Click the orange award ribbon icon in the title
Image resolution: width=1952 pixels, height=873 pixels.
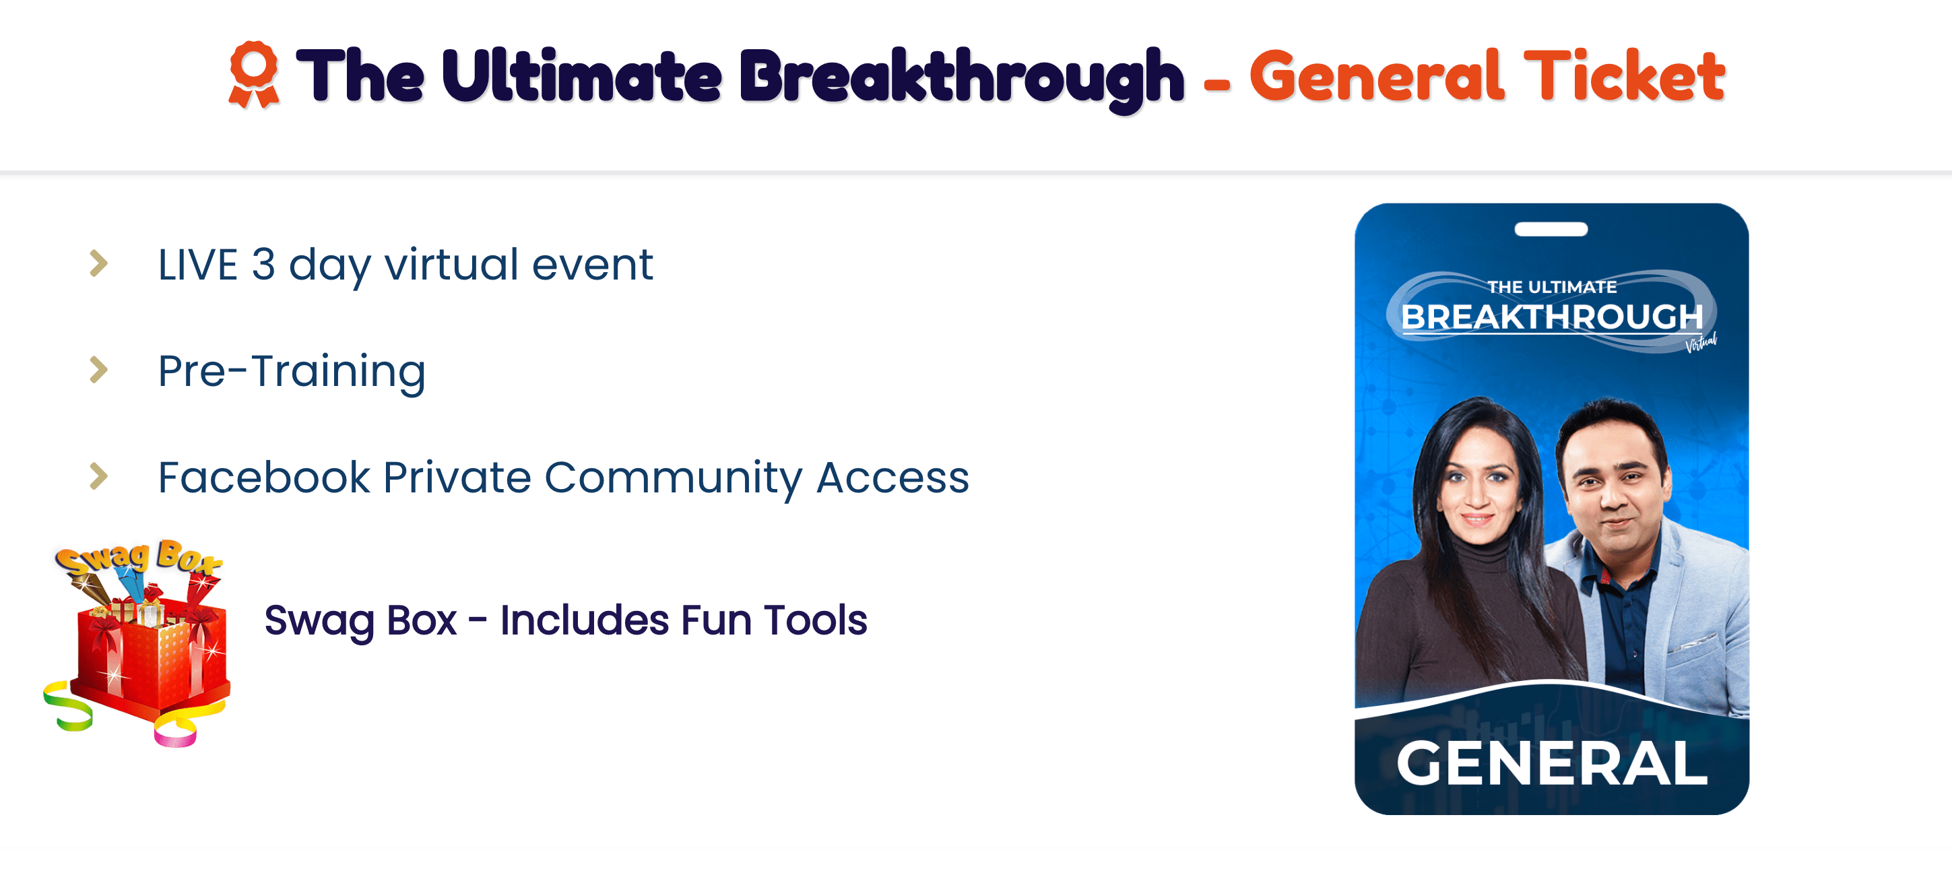[x=254, y=74]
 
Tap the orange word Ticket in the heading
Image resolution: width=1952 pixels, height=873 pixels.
[x=1624, y=75]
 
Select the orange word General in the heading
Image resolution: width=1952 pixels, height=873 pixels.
[x=1376, y=75]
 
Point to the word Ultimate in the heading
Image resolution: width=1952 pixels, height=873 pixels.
[x=581, y=75]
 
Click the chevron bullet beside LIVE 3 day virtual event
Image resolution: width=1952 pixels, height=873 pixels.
[x=98, y=264]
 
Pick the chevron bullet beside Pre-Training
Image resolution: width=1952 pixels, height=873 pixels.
[x=98, y=370]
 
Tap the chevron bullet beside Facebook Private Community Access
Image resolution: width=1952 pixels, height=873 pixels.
[x=98, y=476]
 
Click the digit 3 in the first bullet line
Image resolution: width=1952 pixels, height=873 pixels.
[x=263, y=265]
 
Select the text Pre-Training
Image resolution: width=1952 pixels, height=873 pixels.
[x=292, y=371]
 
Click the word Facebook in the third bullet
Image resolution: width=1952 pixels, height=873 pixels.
[x=265, y=478]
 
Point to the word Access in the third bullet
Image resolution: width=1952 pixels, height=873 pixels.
[x=892, y=478]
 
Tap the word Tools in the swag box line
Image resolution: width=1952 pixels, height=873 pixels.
[x=815, y=620]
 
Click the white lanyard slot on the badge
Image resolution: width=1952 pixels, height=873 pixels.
[x=1551, y=229]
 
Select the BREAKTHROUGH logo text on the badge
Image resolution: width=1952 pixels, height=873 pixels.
[x=1552, y=317]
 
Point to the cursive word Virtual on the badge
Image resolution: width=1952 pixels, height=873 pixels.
[x=1701, y=342]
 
